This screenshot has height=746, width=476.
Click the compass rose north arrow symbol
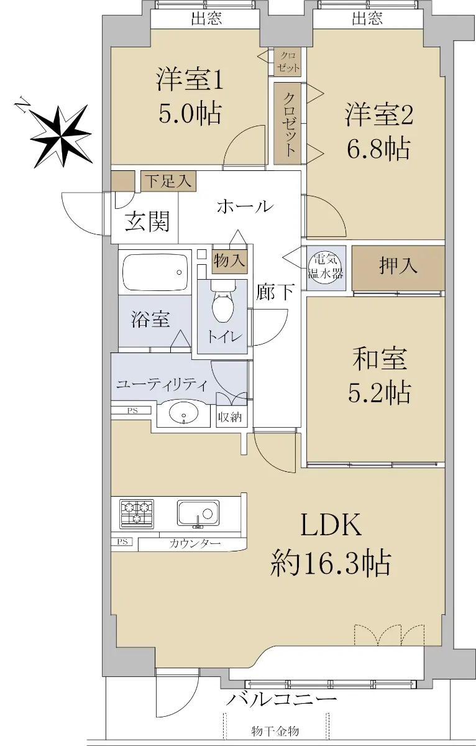[x=61, y=136]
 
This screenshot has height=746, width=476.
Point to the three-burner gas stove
[x=137, y=514]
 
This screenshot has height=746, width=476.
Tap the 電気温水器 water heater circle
[x=325, y=267]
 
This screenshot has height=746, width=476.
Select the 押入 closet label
[x=398, y=266]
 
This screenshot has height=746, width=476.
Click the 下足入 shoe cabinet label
[x=169, y=182]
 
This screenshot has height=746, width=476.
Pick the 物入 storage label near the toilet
[x=230, y=260]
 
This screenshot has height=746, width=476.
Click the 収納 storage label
[x=230, y=417]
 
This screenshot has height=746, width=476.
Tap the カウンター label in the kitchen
[x=195, y=544]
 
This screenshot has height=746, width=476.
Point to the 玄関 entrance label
[x=147, y=221]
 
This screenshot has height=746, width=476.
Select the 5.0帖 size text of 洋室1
[x=190, y=114]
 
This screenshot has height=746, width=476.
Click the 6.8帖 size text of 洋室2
[x=378, y=149]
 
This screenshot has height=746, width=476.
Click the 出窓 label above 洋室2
[x=367, y=18]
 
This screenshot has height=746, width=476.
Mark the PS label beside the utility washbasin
[x=132, y=411]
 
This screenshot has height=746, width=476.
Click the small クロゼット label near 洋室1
[x=288, y=62]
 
